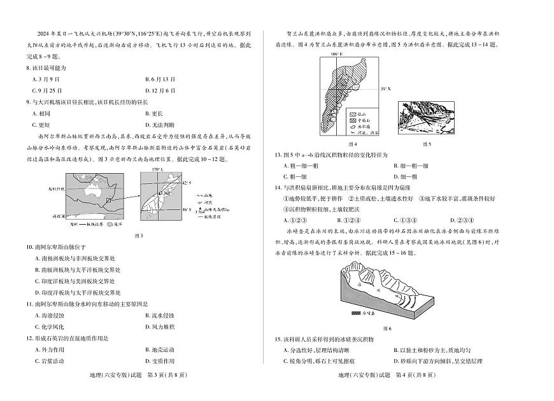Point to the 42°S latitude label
(x=185, y=183)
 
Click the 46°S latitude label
(x=185, y=209)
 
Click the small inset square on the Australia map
(x=109, y=200)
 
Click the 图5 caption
(x=426, y=144)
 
